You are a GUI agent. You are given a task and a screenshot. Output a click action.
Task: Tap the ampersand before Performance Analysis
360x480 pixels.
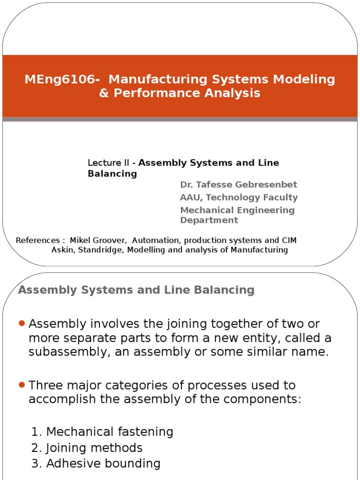(x=103, y=93)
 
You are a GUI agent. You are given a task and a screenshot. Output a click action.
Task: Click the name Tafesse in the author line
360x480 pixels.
(x=217, y=185)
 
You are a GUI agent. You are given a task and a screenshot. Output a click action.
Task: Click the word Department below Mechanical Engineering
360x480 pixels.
(x=209, y=220)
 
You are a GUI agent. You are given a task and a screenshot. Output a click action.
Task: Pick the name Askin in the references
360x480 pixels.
(x=63, y=250)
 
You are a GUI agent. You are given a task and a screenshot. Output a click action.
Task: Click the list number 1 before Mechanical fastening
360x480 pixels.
(x=36, y=432)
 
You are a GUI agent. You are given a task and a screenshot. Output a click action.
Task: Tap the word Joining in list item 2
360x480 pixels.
(x=65, y=448)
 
